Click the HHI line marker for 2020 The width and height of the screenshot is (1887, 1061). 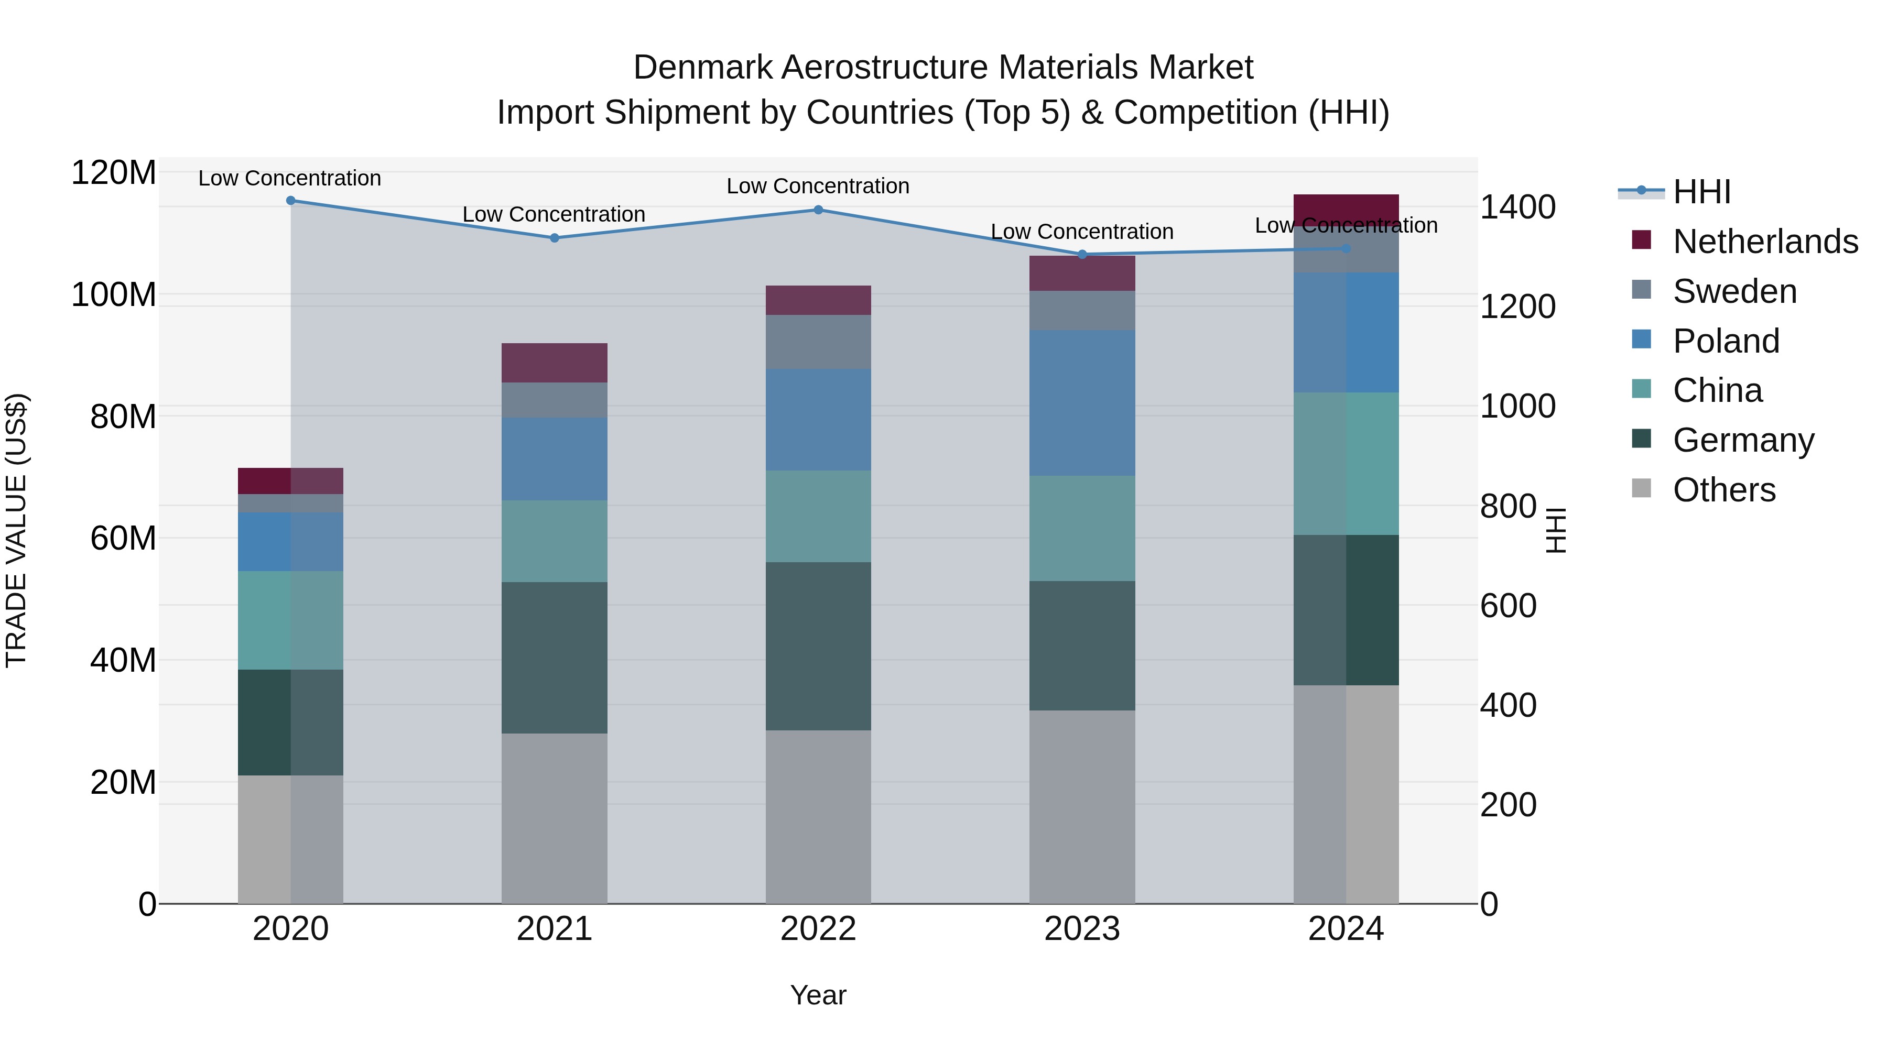[291, 200]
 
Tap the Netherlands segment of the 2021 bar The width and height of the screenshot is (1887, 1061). [555, 363]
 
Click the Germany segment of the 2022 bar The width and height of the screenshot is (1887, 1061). [818, 646]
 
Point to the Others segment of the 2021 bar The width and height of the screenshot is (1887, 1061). [555, 818]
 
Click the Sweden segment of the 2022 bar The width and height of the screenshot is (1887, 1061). [818, 342]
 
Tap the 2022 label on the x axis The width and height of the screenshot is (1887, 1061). [818, 929]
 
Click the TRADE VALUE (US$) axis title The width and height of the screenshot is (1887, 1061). [16, 530]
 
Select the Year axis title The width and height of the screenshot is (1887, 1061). [818, 995]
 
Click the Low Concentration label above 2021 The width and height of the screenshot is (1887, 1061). [554, 214]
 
